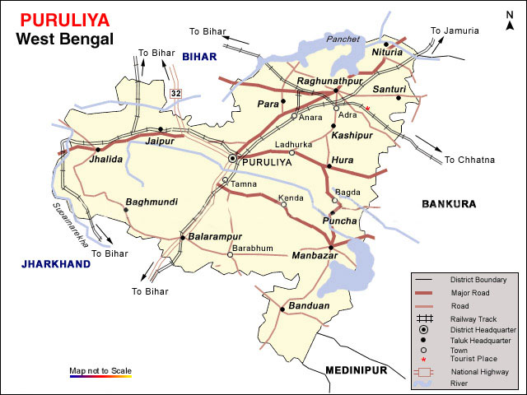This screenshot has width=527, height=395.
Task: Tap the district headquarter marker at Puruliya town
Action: pyautogui.click(x=233, y=157)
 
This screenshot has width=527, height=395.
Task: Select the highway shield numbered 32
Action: pyautogui.click(x=175, y=94)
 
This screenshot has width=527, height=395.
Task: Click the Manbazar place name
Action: pyautogui.click(x=315, y=257)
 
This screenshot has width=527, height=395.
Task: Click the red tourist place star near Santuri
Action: pyautogui.click(x=368, y=109)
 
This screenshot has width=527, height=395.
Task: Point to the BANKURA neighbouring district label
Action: pyautogui.click(x=450, y=203)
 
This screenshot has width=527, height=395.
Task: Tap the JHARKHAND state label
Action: pyautogui.click(x=55, y=264)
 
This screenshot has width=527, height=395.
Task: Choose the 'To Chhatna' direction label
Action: pyautogui.click(x=469, y=160)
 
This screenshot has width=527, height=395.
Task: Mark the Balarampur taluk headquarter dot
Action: pyautogui.click(x=183, y=238)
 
